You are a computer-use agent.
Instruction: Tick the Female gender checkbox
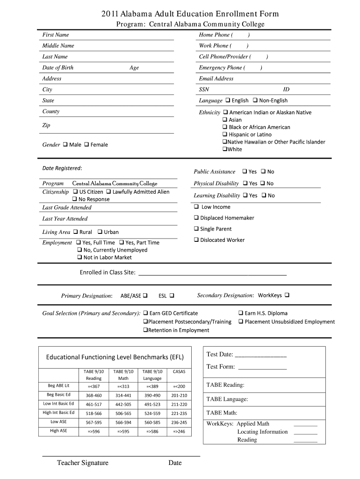point(86,145)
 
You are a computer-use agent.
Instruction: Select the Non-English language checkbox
point(255,101)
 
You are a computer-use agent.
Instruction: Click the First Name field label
point(56,35)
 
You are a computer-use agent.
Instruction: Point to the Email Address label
point(216,79)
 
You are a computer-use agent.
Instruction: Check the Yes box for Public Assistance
point(245,172)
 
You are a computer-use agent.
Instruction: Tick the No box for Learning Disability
point(264,196)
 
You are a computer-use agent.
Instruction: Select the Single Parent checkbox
point(196,229)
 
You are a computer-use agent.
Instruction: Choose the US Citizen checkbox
point(75,192)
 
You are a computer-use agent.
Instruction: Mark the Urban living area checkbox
point(100,232)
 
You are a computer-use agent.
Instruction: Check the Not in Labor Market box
point(79,257)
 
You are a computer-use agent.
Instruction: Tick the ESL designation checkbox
point(172,296)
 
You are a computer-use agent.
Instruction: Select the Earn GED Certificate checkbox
point(145,313)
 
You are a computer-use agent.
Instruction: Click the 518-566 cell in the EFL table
point(94,414)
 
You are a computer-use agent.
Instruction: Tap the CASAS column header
point(179,372)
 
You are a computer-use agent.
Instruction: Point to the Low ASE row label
point(58,422)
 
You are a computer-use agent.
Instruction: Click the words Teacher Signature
point(83,463)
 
